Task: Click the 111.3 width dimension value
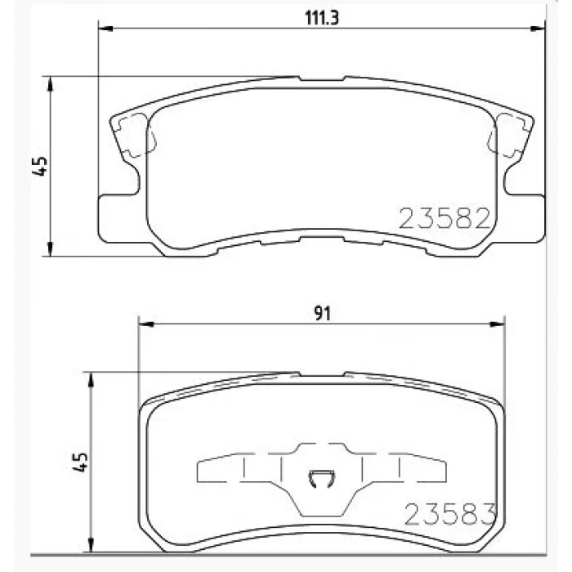coord(321,17)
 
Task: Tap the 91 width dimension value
coord(323,313)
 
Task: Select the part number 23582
coord(445,218)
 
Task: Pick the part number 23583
coord(450,514)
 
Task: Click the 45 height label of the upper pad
coord(40,166)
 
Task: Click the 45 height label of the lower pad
coord(80,463)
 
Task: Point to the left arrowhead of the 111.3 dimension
coord(105,29)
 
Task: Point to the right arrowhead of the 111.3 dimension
coord(538,29)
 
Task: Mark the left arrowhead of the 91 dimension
coord(146,324)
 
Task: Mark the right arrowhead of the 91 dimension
coord(498,324)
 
